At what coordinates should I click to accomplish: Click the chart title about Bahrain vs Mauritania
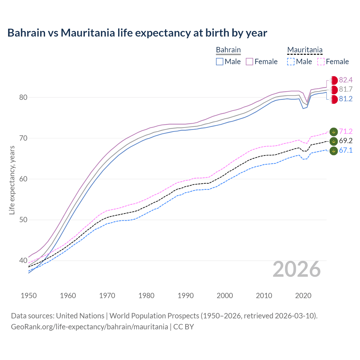137,33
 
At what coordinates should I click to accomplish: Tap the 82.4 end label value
346,80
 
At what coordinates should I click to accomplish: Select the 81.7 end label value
346,89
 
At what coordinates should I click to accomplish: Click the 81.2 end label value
346,99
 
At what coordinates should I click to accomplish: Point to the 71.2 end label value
346,131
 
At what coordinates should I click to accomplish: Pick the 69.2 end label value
346,141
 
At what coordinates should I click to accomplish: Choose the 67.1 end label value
346,150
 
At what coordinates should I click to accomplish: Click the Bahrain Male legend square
220,62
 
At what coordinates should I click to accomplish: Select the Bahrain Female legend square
249,62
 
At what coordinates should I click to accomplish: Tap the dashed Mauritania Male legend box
291,62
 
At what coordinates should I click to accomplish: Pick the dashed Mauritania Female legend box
321,62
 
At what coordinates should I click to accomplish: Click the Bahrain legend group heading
228,50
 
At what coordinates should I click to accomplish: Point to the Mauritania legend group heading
305,50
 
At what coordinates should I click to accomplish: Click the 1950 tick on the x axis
29,296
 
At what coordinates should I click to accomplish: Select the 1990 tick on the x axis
186,296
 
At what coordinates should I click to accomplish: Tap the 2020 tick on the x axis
303,296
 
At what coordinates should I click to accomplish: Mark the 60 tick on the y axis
23,179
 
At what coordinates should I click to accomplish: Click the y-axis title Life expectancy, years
12,180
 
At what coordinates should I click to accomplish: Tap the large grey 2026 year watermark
296,269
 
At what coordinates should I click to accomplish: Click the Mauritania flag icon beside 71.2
334,131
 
